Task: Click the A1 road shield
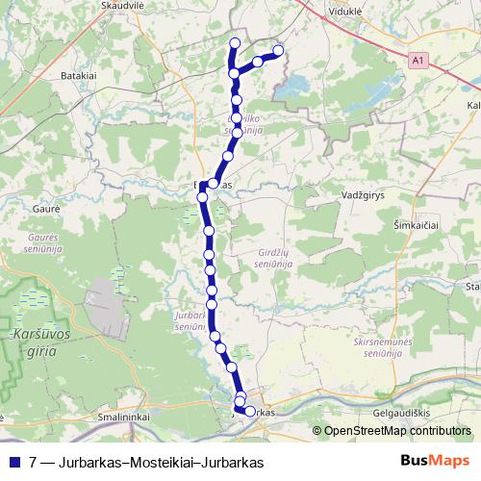[x=416, y=60]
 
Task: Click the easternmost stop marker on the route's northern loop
[x=279, y=50]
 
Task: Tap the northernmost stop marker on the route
[x=235, y=42]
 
